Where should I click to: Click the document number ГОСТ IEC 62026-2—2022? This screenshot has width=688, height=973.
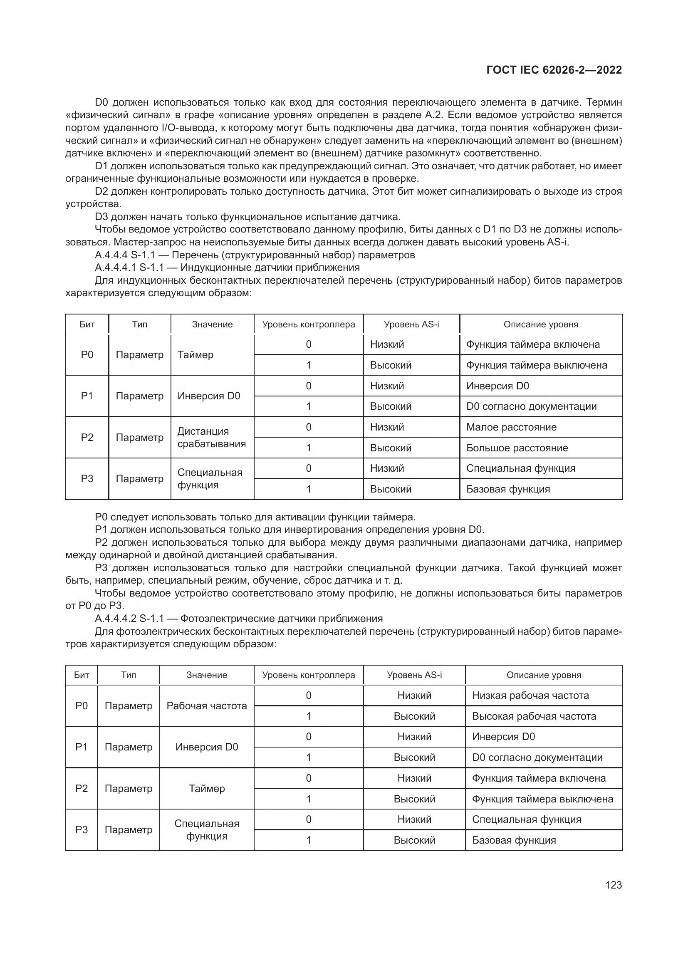point(554,70)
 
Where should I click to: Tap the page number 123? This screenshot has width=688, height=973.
point(614,885)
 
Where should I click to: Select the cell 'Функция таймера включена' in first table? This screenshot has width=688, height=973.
point(532,344)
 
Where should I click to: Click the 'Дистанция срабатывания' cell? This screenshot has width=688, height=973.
point(211,437)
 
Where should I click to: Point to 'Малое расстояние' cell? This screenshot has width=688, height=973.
point(511,427)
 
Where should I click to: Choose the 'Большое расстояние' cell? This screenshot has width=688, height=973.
point(517,448)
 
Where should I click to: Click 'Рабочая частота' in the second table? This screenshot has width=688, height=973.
point(206,706)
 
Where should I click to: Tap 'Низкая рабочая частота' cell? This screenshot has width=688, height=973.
point(530,696)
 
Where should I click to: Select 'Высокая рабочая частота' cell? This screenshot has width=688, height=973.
point(534,716)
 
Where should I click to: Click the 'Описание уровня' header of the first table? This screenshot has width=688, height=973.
point(541,324)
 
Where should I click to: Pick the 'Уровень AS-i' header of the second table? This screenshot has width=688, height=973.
point(414,675)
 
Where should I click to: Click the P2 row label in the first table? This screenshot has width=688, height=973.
point(87,437)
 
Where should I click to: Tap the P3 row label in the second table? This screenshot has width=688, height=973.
point(82,830)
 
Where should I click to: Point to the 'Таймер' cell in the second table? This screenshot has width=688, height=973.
point(206,789)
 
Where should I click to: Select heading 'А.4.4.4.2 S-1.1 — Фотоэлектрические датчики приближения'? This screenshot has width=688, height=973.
point(238,618)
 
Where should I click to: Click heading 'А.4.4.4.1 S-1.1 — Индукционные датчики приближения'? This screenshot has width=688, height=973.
point(227,267)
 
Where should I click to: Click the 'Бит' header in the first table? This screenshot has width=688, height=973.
point(87,324)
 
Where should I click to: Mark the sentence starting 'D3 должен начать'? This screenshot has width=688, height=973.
point(247,217)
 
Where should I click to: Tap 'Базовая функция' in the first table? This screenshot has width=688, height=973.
point(508,489)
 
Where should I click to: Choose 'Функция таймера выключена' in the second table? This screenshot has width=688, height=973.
point(542,799)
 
